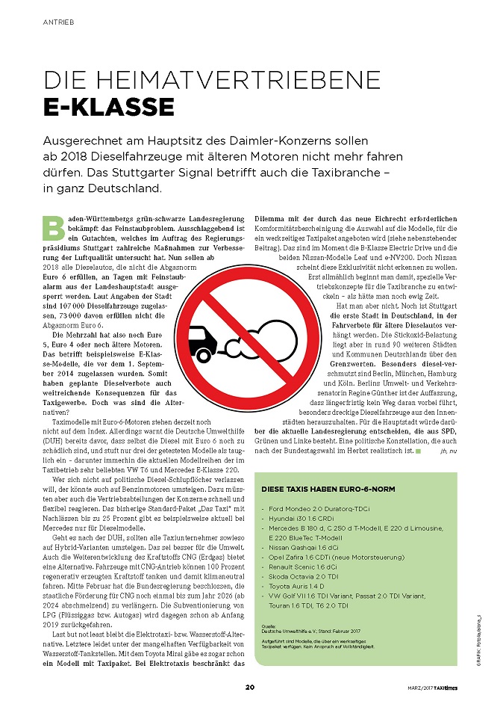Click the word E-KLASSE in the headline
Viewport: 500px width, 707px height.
click(109, 107)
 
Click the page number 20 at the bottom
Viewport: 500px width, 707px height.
click(250, 686)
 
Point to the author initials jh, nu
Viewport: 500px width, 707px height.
click(452, 451)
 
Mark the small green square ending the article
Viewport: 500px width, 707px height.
click(419, 451)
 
